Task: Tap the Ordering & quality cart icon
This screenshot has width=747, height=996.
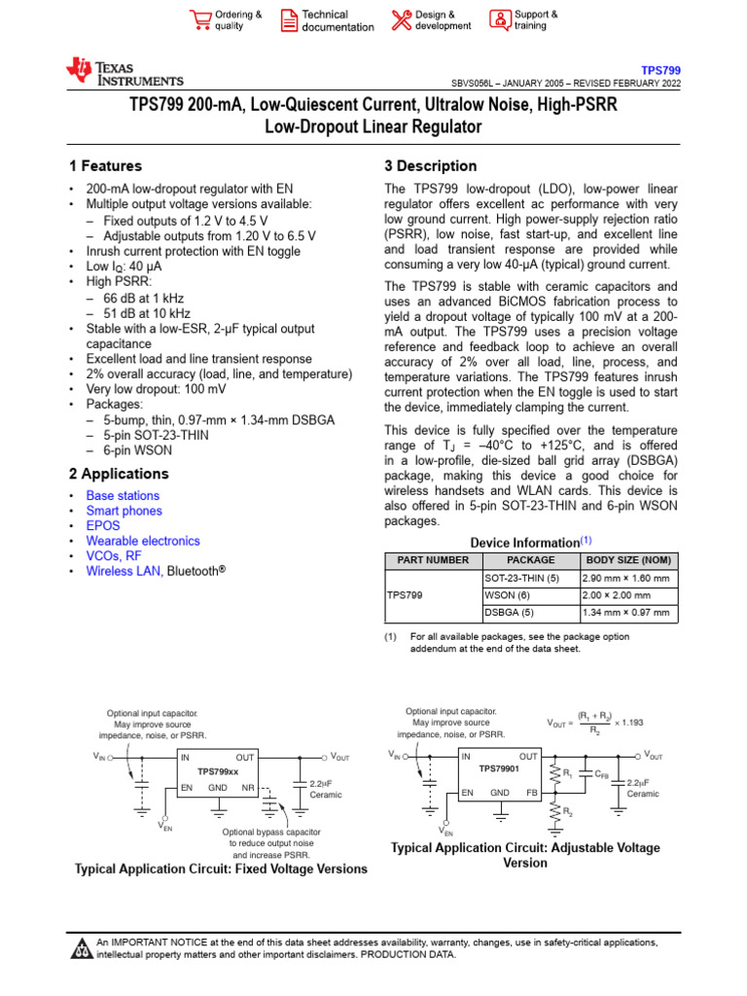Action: coord(200,19)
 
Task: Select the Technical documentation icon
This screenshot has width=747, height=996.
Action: coord(290,19)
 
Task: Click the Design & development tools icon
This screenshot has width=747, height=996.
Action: coord(402,19)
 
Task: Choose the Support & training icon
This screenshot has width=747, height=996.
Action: coord(499,19)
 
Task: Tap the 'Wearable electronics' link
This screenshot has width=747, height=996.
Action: coord(143,541)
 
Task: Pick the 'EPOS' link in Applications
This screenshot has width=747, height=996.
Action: coord(103,526)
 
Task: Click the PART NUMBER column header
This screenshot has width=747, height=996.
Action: coord(433,560)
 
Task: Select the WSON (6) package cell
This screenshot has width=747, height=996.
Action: coord(507,595)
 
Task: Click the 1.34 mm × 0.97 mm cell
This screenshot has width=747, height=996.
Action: coord(625,613)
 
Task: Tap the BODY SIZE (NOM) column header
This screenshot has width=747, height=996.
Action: coord(628,560)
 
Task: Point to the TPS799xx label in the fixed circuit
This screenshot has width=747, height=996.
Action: coord(218,771)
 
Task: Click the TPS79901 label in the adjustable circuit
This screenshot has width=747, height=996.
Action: coord(499,769)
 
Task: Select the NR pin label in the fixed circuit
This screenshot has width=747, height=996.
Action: coord(248,787)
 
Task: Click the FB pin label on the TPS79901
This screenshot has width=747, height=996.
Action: coord(531,793)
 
